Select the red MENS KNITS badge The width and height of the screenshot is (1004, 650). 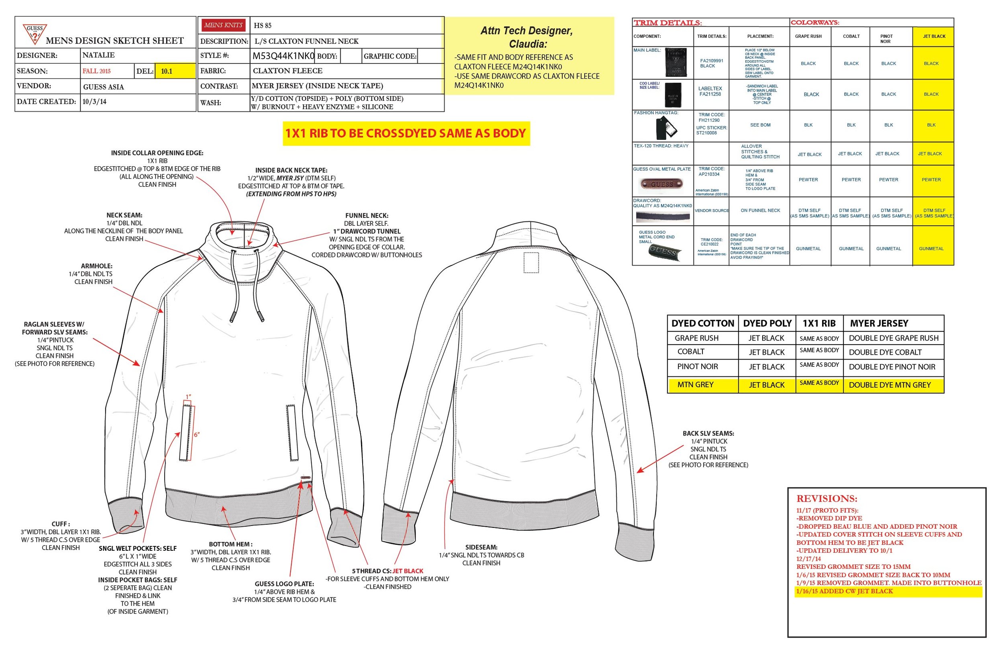(223, 25)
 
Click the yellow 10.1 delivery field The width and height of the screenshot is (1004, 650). (175, 71)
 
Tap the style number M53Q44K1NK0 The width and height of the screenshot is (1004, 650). (283, 56)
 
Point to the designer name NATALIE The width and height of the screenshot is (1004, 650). (98, 55)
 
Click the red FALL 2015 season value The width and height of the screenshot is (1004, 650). (97, 71)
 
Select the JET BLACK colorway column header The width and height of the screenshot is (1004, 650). (934, 36)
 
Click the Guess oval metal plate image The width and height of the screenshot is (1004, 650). (661, 184)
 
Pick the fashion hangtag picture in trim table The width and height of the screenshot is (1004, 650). (666, 128)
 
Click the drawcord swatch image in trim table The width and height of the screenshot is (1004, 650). (663, 217)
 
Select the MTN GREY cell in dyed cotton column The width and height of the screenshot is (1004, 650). (695, 384)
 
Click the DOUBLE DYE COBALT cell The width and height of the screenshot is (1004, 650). (885, 352)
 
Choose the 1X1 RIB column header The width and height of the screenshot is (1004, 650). (819, 323)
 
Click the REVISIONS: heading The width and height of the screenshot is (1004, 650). (826, 498)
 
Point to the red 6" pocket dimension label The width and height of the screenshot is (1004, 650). (196, 435)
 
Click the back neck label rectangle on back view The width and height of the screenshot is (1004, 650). (531, 263)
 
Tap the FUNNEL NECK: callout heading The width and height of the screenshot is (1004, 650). (367, 215)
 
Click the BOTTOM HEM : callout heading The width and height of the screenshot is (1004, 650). (231, 544)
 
